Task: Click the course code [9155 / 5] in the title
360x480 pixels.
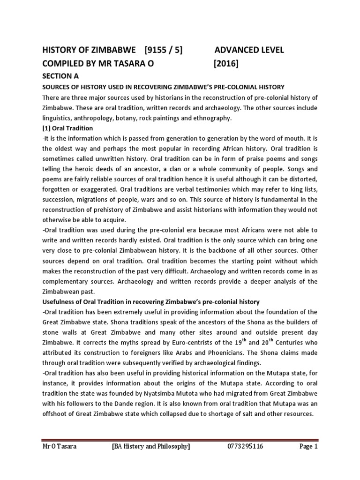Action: click(164, 50)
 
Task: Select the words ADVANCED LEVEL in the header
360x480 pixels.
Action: click(249, 50)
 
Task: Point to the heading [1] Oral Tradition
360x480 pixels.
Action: click(67, 128)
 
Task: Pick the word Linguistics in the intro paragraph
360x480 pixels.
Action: click(57, 118)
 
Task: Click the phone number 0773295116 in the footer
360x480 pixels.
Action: click(244, 446)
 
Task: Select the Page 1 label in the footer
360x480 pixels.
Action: click(308, 446)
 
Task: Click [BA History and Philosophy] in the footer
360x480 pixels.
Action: click(151, 446)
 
